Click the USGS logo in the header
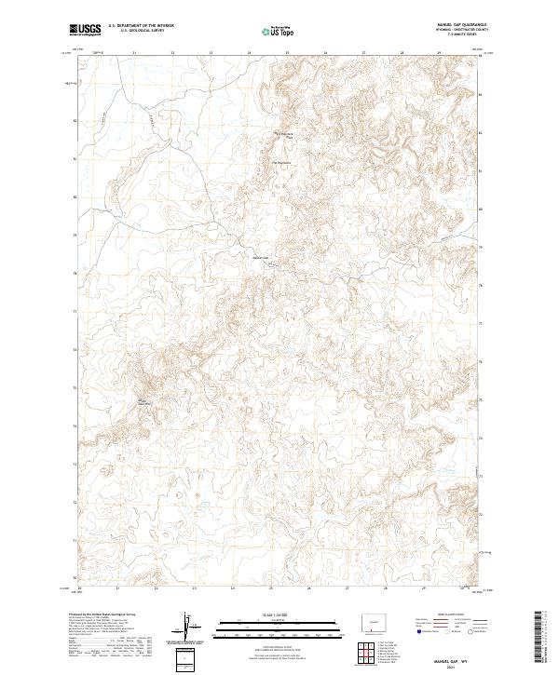coord(83,30)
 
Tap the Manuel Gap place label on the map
coord(260,258)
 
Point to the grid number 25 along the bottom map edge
coord(270,589)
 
